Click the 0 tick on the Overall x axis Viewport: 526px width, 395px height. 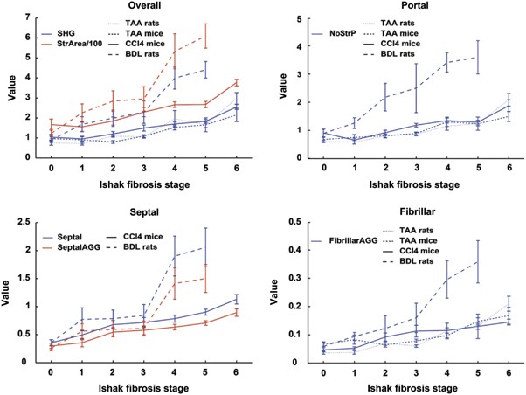click(52, 168)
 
